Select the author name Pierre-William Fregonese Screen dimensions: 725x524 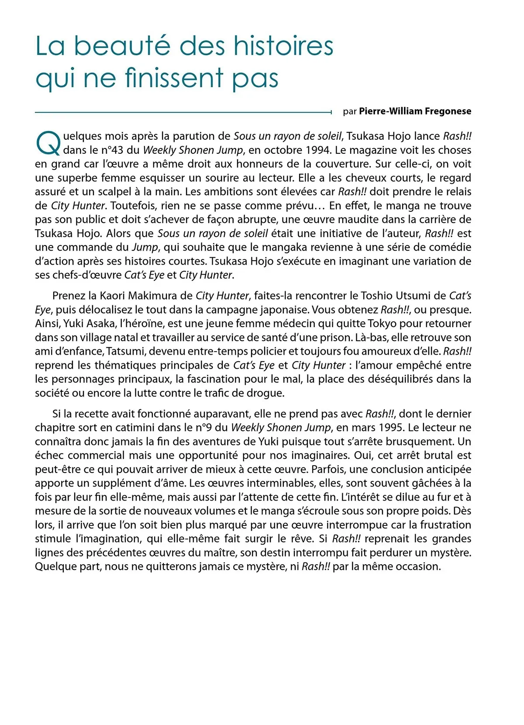(x=415, y=111)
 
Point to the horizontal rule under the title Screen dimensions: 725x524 (x=183, y=112)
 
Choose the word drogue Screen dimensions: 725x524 (x=265, y=393)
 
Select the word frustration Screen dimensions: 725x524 (x=441, y=525)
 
